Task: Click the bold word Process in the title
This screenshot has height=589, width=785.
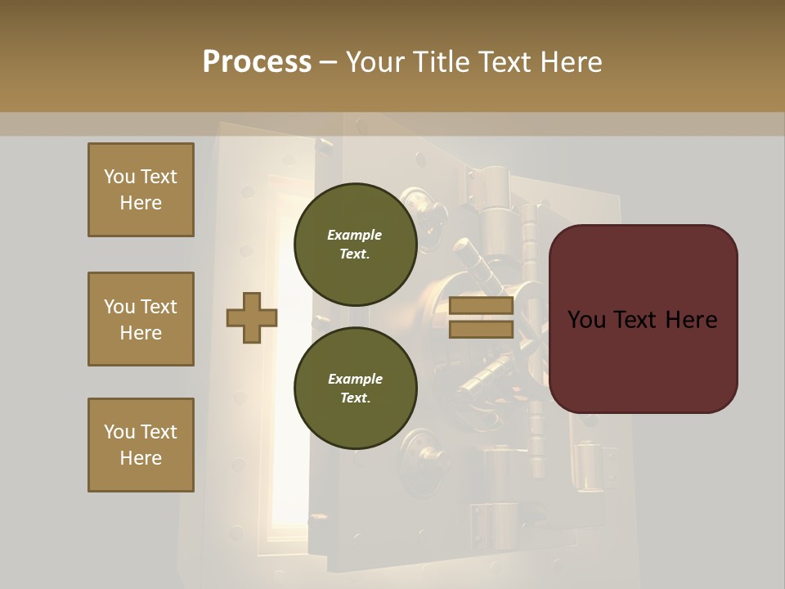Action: click(257, 62)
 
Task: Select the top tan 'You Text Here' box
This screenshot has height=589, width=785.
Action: click(141, 190)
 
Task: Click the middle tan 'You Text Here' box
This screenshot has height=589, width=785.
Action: click(141, 319)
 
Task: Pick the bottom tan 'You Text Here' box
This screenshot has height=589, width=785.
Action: click(141, 445)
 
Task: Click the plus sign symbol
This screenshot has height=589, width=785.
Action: click(252, 317)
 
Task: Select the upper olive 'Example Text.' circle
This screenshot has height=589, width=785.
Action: click(355, 245)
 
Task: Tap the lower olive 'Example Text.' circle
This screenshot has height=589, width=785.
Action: click(355, 389)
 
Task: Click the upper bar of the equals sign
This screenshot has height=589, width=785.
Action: click(481, 306)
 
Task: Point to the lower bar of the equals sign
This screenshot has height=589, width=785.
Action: click(481, 329)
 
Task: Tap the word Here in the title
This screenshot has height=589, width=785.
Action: click(571, 62)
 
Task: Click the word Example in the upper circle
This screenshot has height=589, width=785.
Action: click(354, 236)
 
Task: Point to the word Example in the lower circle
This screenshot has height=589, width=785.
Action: click(355, 380)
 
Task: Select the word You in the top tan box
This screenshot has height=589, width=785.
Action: click(118, 177)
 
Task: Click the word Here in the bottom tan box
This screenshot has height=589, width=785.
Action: click(141, 458)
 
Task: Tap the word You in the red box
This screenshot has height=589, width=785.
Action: click(585, 320)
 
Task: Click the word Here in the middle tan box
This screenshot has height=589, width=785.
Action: click(141, 333)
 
